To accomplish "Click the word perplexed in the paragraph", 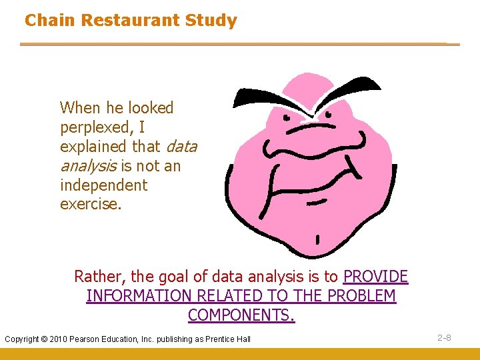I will coord(93,127).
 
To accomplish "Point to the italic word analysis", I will coord(88,166).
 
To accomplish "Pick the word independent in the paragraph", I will coord(103,185).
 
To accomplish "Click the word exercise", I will coord(91,204).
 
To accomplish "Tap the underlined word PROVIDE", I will coord(375,277).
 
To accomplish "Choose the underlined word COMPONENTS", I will coord(241,315).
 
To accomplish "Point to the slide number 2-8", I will coord(444,338).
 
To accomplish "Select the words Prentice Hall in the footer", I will coord(228,339).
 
